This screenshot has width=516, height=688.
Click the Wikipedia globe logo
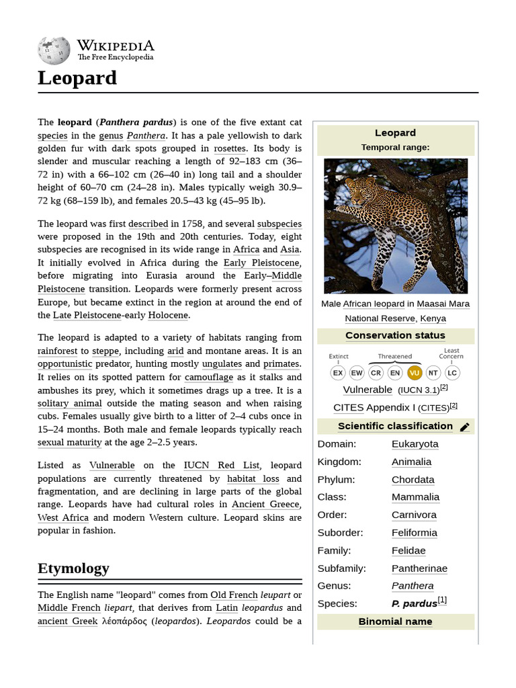point(54,51)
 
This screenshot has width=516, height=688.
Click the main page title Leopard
point(77,78)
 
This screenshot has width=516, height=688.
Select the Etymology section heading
point(73,568)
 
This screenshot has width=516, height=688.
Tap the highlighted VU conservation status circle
point(415,372)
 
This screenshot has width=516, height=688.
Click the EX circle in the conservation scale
point(338,372)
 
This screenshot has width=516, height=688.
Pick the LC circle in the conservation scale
point(453,372)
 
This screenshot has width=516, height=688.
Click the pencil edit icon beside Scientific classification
point(464,427)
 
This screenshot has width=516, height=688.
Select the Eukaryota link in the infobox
point(415,444)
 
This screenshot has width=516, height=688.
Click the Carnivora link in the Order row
point(414,515)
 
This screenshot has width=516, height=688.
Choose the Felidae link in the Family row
point(408,550)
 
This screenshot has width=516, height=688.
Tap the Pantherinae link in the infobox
point(419,568)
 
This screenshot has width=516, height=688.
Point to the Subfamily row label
point(341,568)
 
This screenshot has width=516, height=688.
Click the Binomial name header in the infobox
point(395,621)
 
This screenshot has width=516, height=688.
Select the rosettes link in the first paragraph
point(230,148)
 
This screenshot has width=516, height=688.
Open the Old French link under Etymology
point(234,595)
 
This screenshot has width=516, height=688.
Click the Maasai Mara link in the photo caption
point(443,304)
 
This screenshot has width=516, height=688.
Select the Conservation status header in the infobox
point(395,335)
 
